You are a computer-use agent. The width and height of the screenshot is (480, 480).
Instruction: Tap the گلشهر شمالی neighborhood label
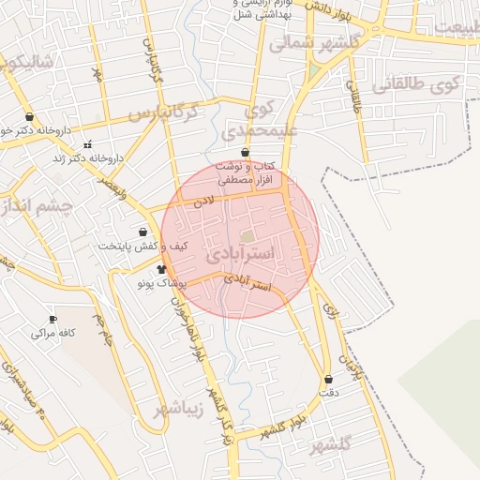[313, 43]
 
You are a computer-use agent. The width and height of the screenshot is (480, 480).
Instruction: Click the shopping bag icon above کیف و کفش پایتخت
[142, 232]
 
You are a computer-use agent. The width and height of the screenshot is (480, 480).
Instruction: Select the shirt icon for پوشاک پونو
[148, 269]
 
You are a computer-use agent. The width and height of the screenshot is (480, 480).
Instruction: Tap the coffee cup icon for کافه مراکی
[52, 319]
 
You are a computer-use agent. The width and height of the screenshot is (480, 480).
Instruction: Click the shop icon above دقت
[328, 379]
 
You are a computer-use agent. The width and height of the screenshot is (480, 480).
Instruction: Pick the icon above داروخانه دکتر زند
[88, 144]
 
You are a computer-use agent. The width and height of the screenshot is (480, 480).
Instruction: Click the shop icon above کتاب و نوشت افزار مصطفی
[245, 152]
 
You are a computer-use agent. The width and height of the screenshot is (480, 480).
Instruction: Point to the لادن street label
[204, 201]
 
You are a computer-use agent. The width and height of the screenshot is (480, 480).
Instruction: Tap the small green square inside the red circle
[247, 237]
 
